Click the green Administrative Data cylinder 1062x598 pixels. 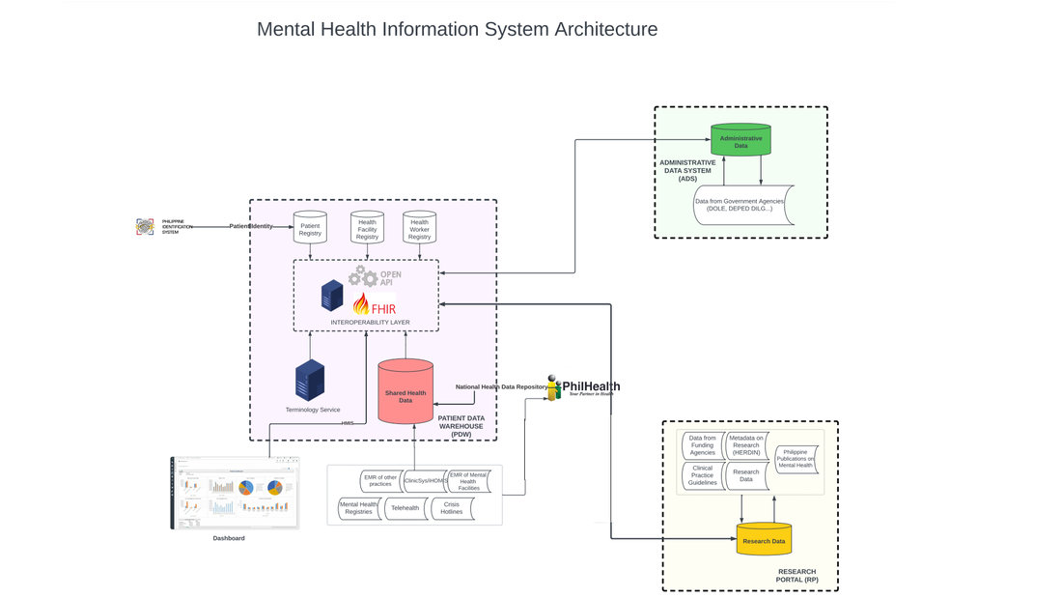click(x=741, y=141)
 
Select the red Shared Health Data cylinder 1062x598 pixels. click(x=405, y=393)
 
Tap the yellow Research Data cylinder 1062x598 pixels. click(x=764, y=540)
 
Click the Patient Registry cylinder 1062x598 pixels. click(x=310, y=228)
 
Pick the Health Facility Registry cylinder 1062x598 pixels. click(x=367, y=228)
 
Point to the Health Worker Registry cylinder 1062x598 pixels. click(x=419, y=228)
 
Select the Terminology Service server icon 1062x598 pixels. click(x=310, y=381)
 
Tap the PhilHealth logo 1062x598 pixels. click(x=584, y=387)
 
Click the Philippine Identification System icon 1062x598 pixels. click(x=145, y=227)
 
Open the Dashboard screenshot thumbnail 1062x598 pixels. click(x=235, y=493)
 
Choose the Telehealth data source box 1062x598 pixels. click(x=405, y=508)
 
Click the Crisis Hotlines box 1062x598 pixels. click(x=452, y=508)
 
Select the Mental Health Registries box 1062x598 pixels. click(x=358, y=508)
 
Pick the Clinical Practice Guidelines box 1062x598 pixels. click(x=702, y=475)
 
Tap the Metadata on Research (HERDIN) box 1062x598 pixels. click(x=746, y=445)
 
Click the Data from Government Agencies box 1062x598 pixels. click(x=740, y=205)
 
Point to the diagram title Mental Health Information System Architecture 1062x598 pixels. click(x=457, y=29)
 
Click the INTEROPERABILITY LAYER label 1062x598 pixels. click(x=370, y=322)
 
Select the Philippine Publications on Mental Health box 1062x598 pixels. click(x=796, y=459)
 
